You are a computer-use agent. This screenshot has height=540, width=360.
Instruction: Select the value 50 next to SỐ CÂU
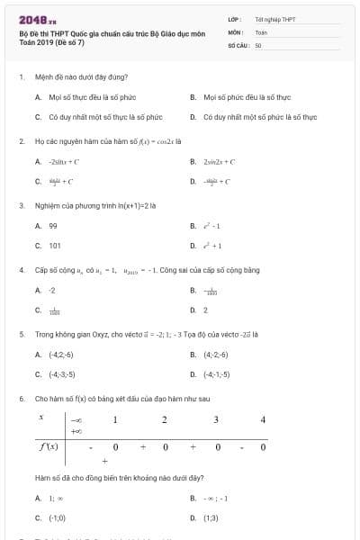(258, 44)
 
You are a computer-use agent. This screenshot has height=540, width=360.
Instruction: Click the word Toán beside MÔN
(261, 31)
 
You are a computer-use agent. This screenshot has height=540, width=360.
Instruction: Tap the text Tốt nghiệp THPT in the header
(268, 19)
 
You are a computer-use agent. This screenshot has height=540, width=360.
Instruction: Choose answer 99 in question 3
(53, 226)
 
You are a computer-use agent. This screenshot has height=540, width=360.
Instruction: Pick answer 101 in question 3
(55, 245)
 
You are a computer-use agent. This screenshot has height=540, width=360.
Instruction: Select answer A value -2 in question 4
(52, 291)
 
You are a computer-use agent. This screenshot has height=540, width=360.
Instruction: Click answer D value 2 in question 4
(205, 310)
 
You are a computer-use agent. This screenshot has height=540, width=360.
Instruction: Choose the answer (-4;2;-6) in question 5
(62, 355)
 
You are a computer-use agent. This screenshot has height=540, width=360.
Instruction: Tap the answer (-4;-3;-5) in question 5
(62, 374)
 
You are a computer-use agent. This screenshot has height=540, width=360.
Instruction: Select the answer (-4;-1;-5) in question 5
(217, 374)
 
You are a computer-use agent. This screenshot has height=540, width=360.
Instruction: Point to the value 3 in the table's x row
(216, 419)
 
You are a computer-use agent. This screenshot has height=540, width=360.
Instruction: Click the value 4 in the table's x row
(263, 419)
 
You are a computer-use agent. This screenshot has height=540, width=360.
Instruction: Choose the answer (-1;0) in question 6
(58, 517)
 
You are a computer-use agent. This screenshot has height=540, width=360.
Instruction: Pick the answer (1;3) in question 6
(211, 517)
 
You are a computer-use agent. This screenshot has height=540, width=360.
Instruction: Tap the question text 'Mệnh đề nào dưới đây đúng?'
(81, 76)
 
